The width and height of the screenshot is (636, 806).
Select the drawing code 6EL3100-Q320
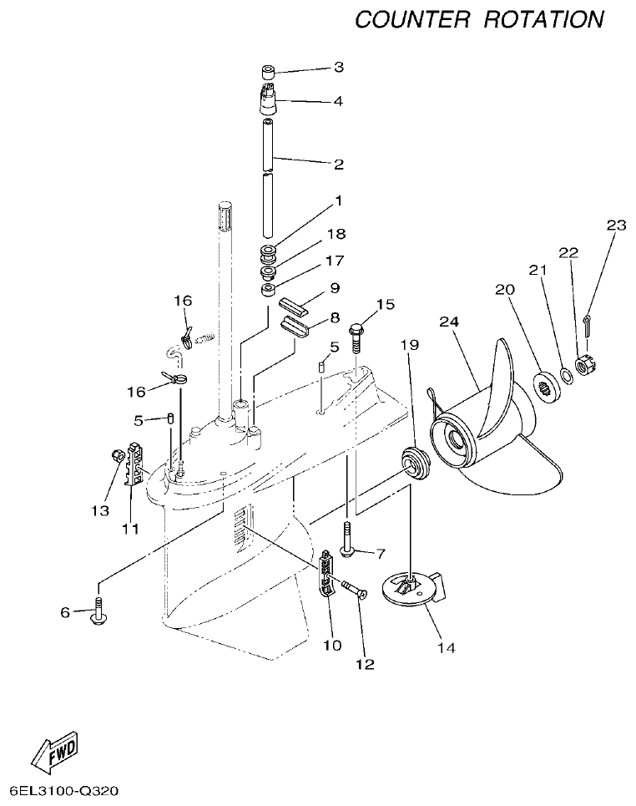coord(65,789)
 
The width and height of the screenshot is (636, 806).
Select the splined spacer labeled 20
coord(546,387)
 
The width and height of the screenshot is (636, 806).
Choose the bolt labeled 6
coord(98,611)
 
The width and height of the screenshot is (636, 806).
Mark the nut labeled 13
coord(119,456)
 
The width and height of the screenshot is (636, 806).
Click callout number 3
coord(339,66)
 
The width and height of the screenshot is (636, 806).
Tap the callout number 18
coord(337,234)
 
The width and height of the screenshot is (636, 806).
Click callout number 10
coord(331,646)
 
